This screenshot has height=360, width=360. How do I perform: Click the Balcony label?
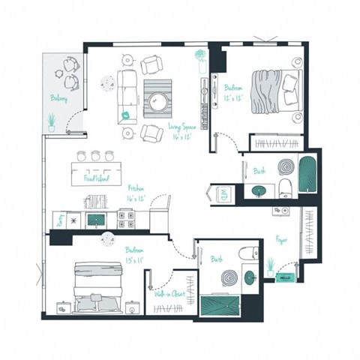click(59, 97)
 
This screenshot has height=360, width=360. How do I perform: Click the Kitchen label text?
click(136, 189)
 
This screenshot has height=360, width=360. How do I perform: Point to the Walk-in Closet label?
click(170, 294)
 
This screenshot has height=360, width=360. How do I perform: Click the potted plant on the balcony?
click(51, 121)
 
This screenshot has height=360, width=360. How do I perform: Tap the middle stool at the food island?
click(95, 156)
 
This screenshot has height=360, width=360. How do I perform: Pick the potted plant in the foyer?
click(270, 267)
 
